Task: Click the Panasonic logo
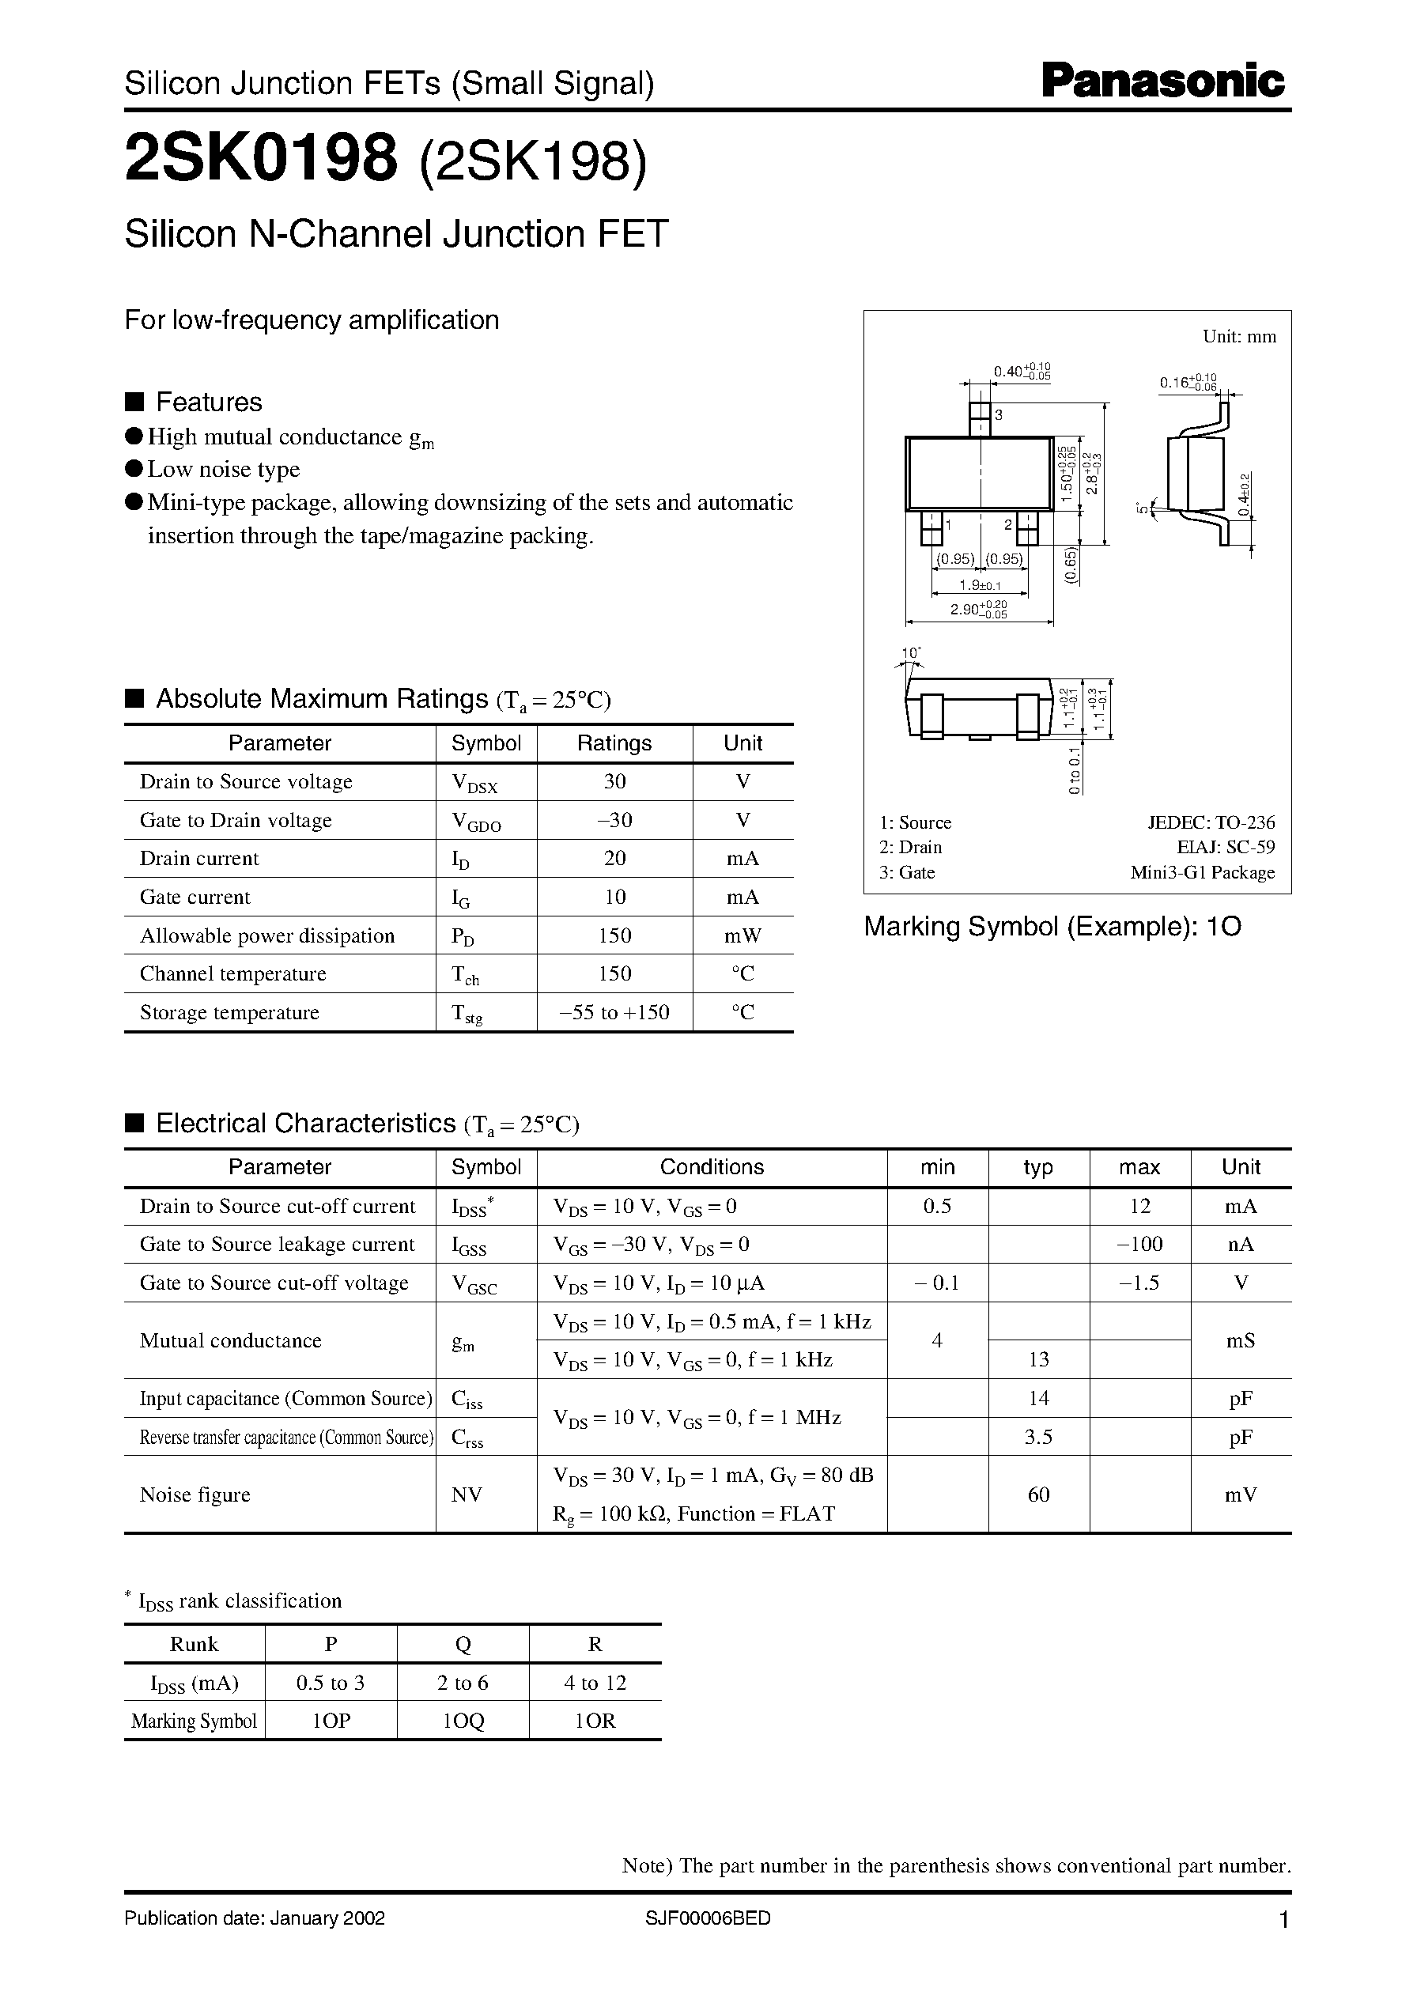[1162, 81]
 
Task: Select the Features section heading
[208, 402]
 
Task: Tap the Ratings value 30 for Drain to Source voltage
[614, 782]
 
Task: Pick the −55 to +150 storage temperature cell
[614, 1012]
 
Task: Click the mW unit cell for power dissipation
[743, 935]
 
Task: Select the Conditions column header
[711, 1167]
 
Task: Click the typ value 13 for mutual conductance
[1038, 1359]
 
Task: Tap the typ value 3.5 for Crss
[1038, 1436]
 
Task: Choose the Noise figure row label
[195, 1495]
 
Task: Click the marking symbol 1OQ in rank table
[463, 1721]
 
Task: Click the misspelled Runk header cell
[194, 1644]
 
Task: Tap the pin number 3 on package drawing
[998, 415]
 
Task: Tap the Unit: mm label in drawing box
[1239, 337]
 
